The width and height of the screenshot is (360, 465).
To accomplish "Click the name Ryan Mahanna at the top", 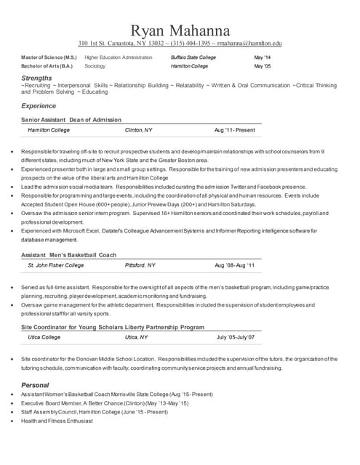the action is [x=180, y=30].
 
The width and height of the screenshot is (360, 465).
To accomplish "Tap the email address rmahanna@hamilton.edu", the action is [x=247, y=44].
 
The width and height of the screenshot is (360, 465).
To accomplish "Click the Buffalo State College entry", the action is [x=193, y=57].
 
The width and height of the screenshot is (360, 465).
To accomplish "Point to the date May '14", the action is [x=262, y=57].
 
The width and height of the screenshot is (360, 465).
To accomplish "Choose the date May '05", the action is [x=262, y=66].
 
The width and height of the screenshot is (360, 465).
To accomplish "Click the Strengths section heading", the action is [x=36, y=77].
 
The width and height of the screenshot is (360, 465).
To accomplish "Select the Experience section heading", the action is [x=39, y=106].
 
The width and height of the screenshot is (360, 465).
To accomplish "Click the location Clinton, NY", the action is [x=138, y=130].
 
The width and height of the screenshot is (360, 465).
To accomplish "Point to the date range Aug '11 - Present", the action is [x=234, y=130].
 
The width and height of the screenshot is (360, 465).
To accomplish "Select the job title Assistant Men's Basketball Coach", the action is [x=68, y=255].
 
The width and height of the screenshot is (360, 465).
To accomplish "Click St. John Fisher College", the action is [x=55, y=266].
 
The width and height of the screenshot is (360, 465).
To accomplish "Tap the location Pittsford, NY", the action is [x=140, y=266].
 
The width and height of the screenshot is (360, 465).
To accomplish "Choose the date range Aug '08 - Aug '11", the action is [x=234, y=266].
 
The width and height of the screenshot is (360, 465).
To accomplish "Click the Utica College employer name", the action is [x=44, y=338].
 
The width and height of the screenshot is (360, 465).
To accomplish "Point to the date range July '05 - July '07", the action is [x=236, y=338].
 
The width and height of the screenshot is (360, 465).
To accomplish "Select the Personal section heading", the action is [x=35, y=384].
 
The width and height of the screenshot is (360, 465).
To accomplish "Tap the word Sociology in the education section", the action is [x=95, y=66].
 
